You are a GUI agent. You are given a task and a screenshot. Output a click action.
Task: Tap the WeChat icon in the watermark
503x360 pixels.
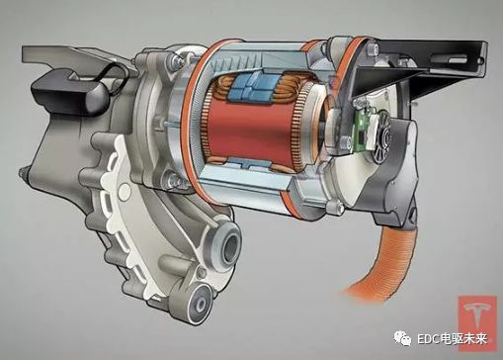(x=402, y=338)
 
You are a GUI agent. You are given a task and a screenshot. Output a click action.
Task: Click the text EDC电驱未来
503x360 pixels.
(x=452, y=339)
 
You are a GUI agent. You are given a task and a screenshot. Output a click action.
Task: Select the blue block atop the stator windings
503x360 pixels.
(x=255, y=86)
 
